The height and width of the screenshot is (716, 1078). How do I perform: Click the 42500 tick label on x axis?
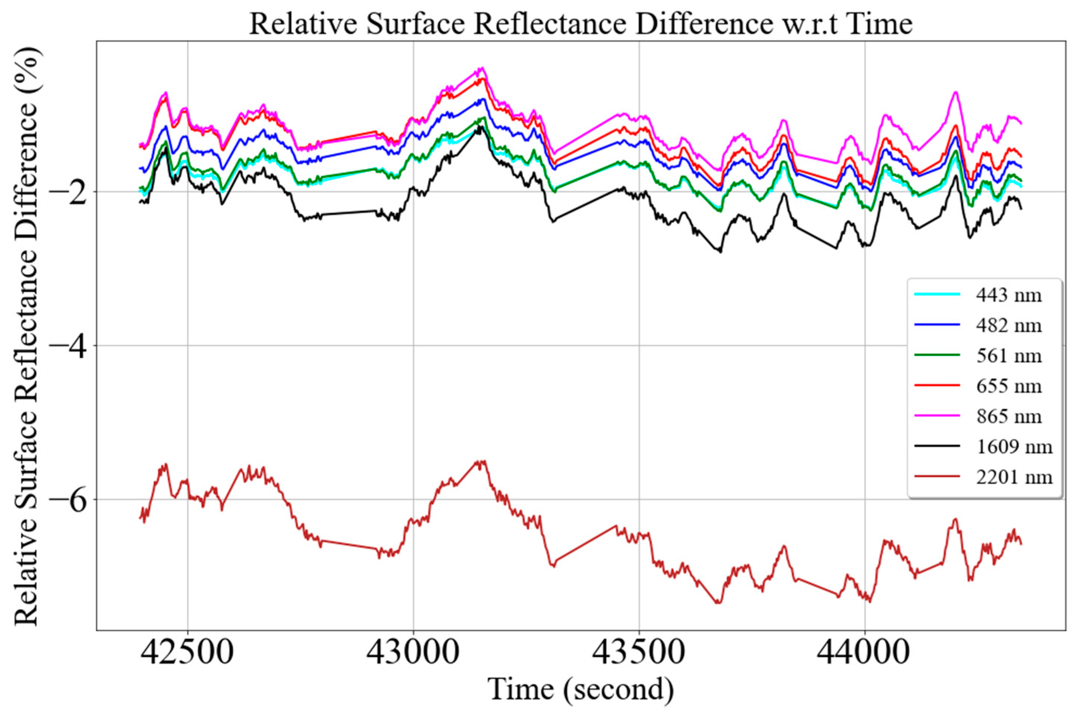pos(187,654)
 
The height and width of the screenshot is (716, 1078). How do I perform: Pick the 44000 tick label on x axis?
pos(864,654)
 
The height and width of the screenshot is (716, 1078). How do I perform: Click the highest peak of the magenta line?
pos(481,68)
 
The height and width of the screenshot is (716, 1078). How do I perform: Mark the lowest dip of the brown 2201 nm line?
pos(718,603)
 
